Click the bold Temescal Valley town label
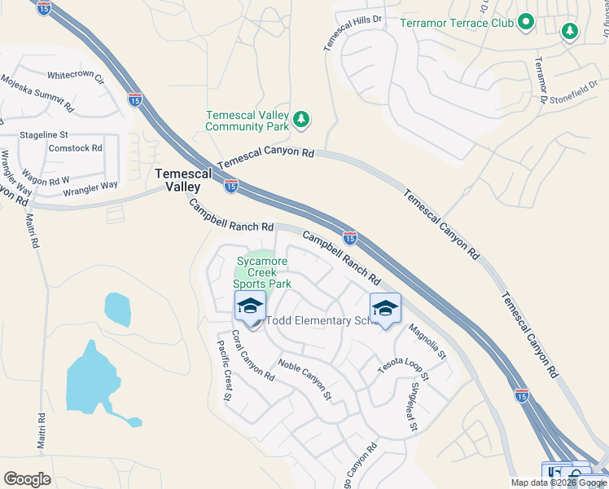(183, 180)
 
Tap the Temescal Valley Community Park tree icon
(302, 121)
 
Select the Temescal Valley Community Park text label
(248, 121)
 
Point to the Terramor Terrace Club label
(457, 22)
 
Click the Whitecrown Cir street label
(77, 76)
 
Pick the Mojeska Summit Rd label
(37, 94)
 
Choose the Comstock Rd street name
(76, 148)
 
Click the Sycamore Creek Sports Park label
(262, 273)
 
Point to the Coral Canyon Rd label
(252, 355)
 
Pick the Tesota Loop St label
(402, 363)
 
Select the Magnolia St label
(427, 341)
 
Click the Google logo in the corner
(27, 479)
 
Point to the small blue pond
(117, 308)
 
